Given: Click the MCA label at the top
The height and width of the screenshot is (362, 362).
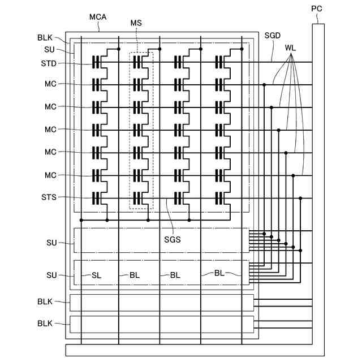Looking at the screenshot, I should (97, 18).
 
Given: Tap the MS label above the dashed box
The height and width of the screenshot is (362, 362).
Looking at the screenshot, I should (136, 23).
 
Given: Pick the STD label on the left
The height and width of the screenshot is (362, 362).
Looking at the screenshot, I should (49, 63).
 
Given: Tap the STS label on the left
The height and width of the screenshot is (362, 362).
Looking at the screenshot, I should (49, 197).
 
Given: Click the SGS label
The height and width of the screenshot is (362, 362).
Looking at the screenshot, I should (173, 239).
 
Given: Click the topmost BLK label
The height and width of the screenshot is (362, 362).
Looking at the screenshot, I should (45, 37).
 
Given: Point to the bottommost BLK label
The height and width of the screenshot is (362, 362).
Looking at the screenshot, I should (45, 324).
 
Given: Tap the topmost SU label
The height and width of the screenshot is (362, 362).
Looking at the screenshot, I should (50, 49).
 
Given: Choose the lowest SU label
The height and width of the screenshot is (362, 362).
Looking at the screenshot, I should (52, 275).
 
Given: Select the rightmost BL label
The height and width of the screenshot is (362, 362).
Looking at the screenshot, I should (221, 273).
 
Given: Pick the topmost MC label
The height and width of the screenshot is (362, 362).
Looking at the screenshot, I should (51, 84).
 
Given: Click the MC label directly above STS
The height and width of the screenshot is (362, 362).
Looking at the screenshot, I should (51, 175).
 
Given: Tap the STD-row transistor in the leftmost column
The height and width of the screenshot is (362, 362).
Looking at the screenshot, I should (100, 62).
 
